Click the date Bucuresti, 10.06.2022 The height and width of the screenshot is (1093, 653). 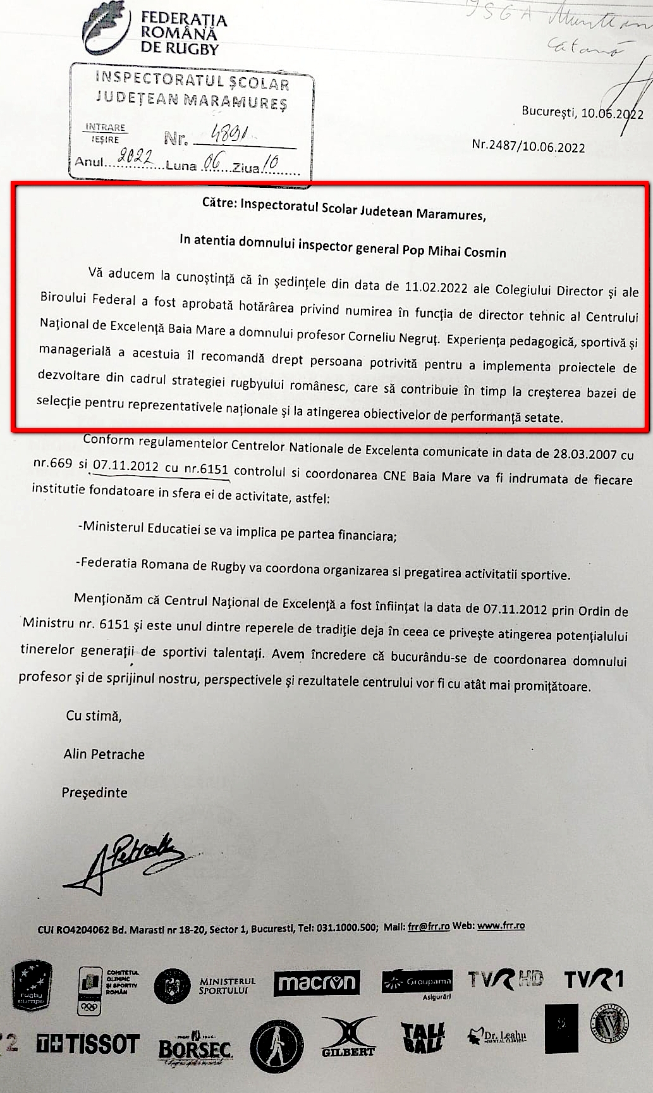[x=582, y=114]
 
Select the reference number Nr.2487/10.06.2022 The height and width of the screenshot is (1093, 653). [x=528, y=147]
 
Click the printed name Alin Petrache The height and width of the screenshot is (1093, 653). [x=104, y=754]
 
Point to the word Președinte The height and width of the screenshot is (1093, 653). [x=95, y=793]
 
